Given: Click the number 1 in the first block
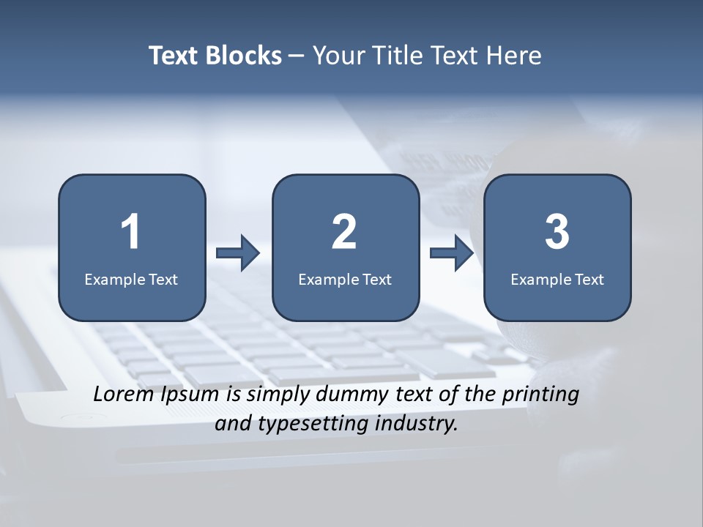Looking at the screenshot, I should (x=131, y=232).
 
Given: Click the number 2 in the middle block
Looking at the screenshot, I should (x=344, y=232).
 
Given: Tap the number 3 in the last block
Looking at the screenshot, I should (x=557, y=232).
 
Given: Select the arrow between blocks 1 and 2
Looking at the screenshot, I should (x=238, y=253).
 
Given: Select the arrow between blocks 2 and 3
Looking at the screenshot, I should (x=452, y=253).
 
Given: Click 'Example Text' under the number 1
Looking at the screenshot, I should (x=131, y=279).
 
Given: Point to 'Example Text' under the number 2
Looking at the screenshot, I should (x=345, y=279).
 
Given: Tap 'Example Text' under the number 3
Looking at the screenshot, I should (x=557, y=279).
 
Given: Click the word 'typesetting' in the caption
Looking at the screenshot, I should (x=308, y=424).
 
